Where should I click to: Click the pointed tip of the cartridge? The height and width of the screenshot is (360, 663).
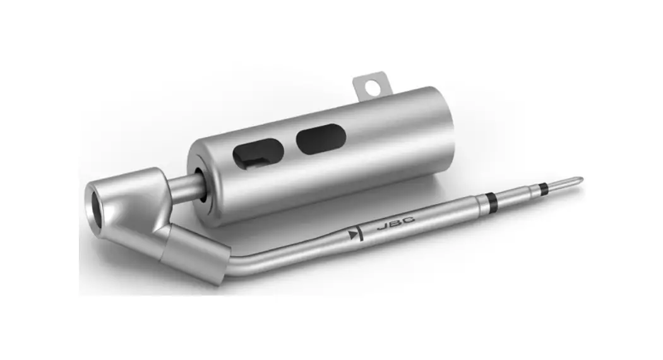pyautogui.click(x=579, y=180)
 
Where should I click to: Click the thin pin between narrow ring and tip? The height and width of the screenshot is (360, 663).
pyautogui.click(x=559, y=184)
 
